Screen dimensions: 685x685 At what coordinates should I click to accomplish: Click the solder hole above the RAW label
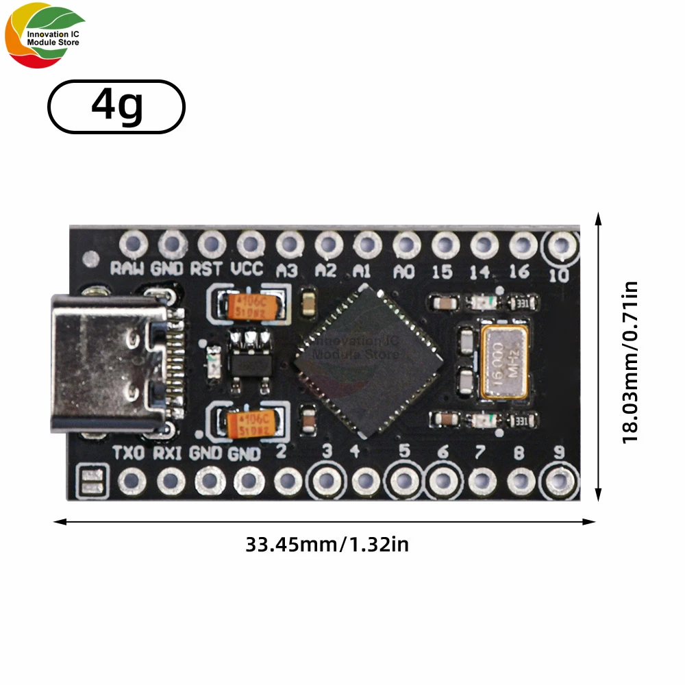coord(133,244)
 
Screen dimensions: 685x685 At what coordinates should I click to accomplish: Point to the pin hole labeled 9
coord(560,481)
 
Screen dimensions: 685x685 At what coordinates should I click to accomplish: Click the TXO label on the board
coord(128,453)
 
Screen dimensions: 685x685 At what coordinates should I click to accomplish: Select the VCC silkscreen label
coord(247,269)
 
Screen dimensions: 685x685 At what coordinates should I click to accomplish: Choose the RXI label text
coord(166,453)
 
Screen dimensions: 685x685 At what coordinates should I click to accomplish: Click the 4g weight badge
coord(116,106)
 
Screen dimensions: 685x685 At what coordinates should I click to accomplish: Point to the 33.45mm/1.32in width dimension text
coord(327,545)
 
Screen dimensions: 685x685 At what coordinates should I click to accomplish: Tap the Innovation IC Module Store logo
coord(45,38)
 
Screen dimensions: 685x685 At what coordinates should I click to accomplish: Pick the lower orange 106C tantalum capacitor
coord(251,423)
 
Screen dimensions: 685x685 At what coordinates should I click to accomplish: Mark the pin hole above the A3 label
coord(290,244)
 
